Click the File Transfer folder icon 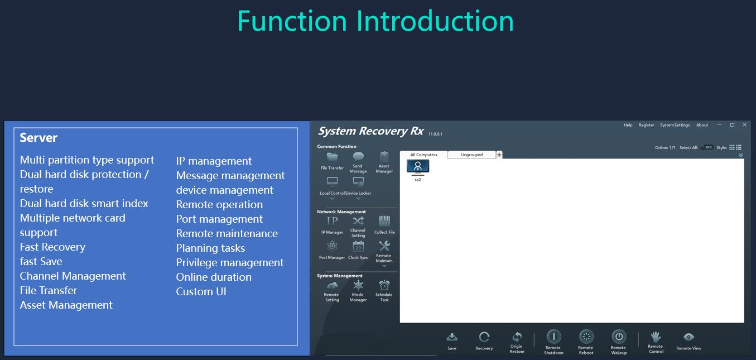332,157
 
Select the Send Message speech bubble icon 358,156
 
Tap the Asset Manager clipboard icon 384,157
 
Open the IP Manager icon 332,221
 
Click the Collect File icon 384,221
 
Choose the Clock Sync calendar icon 358,246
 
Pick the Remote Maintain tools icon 384,246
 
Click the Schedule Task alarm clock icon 384,285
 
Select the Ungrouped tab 471,155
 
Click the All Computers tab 423,155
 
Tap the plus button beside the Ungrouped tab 499,155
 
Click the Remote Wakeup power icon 619,337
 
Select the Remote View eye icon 688,337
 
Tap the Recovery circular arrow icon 484,337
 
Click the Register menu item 646,125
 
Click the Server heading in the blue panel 38,138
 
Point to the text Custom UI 201,291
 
